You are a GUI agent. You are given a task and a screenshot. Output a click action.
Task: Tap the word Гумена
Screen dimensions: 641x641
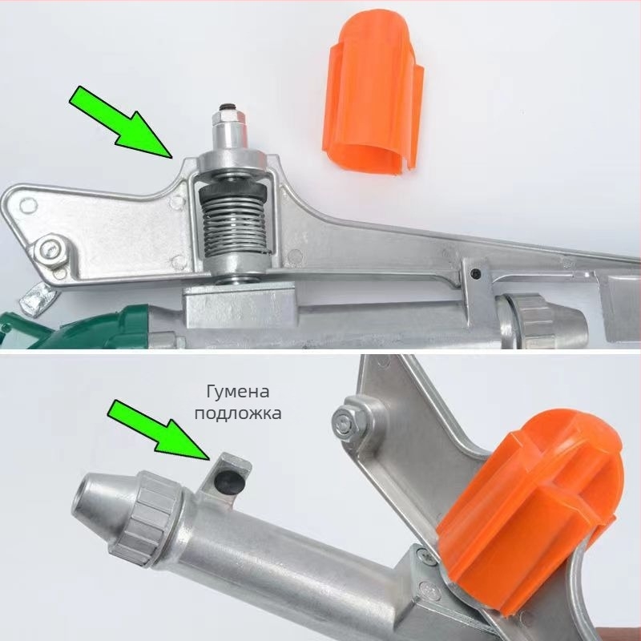[x=237, y=392]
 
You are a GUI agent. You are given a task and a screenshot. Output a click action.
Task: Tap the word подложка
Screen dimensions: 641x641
[x=237, y=413]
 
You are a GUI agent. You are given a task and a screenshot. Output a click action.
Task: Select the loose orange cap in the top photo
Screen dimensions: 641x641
[x=373, y=93]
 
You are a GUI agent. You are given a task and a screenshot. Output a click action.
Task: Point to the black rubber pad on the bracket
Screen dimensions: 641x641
[x=229, y=479]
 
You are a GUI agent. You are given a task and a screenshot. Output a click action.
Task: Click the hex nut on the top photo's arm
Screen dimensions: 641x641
[x=51, y=250]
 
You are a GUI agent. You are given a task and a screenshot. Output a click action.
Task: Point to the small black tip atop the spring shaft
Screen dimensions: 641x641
[x=225, y=107]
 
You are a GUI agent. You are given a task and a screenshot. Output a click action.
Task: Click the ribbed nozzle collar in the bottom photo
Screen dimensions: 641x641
[x=146, y=518]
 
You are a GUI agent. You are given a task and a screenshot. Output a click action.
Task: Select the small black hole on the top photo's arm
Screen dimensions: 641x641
[x=474, y=272]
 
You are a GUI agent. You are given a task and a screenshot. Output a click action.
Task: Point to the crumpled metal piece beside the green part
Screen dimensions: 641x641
[x=37, y=300]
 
